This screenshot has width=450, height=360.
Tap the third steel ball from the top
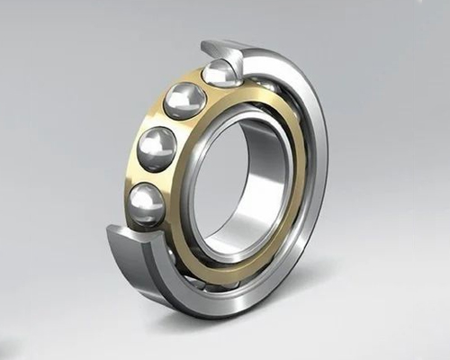coord(157,146)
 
